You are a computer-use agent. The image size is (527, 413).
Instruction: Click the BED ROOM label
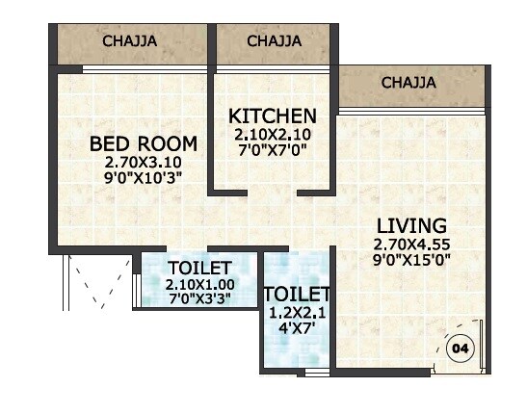143,143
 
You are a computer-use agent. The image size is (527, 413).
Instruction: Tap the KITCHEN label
272,116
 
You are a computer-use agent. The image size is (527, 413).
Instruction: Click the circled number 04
460,348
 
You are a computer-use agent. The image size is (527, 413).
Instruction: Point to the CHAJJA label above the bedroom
130,41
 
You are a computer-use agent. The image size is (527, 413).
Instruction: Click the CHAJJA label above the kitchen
274,41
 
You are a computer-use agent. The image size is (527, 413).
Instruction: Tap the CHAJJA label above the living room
408,83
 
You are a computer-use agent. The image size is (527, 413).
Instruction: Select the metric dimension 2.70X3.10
143,162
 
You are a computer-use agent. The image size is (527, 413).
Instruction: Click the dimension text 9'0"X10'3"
143,177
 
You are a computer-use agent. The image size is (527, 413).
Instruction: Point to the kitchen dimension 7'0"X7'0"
272,149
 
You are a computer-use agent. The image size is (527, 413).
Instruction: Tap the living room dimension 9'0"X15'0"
411,258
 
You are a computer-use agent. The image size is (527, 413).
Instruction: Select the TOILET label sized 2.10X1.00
199,268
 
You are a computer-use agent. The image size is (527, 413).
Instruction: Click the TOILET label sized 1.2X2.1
297,294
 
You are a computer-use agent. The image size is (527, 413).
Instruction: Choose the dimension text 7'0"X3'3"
199,298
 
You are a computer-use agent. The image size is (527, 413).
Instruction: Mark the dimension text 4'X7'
297,328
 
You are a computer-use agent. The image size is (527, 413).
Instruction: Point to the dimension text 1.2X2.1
297,312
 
